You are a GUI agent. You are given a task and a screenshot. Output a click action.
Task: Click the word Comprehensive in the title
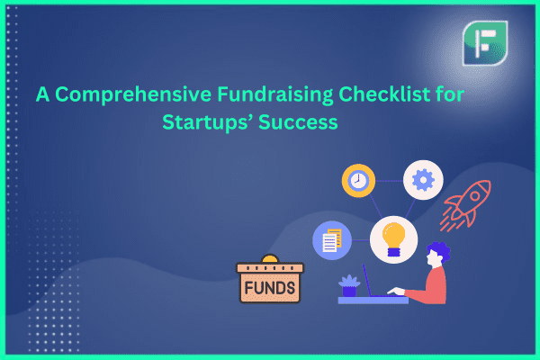133,94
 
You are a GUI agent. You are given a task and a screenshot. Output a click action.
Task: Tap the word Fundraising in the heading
275,94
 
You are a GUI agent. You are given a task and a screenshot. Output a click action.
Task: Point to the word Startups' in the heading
208,122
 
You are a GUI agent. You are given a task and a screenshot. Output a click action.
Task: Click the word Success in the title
298,122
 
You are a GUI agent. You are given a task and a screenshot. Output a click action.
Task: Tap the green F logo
485,43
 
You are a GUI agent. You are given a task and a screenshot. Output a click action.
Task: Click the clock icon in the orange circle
358,181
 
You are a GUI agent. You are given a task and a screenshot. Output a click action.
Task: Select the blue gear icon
423,180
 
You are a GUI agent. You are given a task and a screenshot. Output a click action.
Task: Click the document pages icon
331,240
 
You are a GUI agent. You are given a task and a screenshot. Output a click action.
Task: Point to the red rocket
465,205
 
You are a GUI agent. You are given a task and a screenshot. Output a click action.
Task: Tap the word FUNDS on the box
270,288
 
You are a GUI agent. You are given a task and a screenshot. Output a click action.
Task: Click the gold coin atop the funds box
270,258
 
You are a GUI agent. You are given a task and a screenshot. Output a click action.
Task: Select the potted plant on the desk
349,285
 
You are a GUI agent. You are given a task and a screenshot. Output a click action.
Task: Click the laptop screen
367,281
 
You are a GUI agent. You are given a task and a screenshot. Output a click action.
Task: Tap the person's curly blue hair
439,250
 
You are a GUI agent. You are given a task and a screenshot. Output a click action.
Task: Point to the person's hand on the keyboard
396,292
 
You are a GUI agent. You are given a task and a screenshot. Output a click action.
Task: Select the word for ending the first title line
450,94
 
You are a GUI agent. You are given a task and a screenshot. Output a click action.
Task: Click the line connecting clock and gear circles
389,181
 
